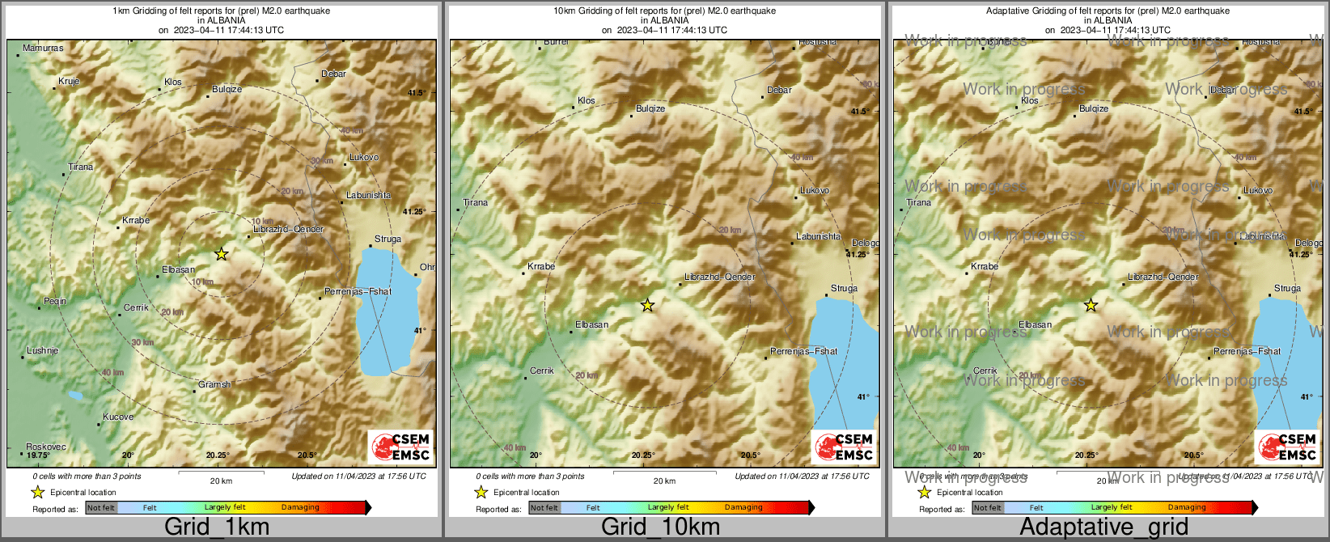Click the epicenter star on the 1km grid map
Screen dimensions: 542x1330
click(221, 254)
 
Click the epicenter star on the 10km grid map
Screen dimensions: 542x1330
click(647, 305)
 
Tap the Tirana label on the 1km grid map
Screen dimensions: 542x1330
click(80, 167)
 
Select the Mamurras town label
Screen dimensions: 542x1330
click(43, 49)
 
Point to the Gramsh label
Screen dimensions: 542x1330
click(214, 384)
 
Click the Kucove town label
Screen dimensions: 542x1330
click(118, 417)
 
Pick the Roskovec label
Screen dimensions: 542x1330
click(46, 447)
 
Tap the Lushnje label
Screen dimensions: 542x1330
click(42, 350)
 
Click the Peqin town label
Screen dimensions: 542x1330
click(55, 301)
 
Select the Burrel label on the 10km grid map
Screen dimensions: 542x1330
click(557, 42)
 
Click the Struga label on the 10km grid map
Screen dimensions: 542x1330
click(844, 288)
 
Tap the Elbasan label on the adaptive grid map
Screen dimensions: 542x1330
click(1036, 324)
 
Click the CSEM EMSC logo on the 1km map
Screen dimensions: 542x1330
click(400, 447)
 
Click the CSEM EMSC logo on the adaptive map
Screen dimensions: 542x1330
click(1287, 447)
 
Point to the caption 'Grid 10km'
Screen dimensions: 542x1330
click(660, 527)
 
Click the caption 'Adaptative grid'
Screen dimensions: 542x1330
click(1103, 527)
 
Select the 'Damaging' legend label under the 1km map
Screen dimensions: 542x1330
click(300, 507)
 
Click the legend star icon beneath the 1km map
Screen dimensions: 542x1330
click(37, 492)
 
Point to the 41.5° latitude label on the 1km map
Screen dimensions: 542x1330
click(416, 93)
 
